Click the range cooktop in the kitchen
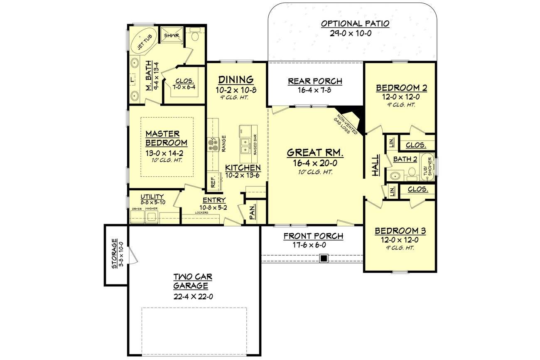pyautogui.click(x=213, y=144)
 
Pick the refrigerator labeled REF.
pyautogui.click(x=213, y=181)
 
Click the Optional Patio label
pyautogui.click(x=355, y=24)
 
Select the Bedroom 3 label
pyautogui.click(x=400, y=231)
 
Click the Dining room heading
pyautogui.click(x=236, y=79)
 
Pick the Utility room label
pyautogui.click(x=152, y=196)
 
